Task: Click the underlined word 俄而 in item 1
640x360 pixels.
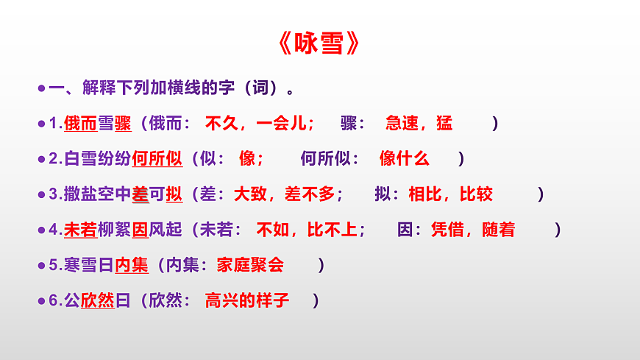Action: point(81,124)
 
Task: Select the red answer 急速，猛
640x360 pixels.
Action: point(419,124)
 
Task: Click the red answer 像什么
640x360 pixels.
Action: point(404,159)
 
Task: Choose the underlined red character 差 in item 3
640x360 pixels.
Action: point(140,194)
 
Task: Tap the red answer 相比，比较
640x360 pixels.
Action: point(450,194)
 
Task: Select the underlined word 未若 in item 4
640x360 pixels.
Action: point(81,230)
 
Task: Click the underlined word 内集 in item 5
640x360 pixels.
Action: point(132,265)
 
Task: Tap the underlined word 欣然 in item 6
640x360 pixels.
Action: point(98,300)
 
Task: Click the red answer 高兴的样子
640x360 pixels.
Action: point(247,300)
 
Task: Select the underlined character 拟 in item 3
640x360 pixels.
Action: point(174,194)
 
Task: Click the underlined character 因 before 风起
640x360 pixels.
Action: point(140,230)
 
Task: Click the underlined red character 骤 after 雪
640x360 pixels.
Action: point(123,124)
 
